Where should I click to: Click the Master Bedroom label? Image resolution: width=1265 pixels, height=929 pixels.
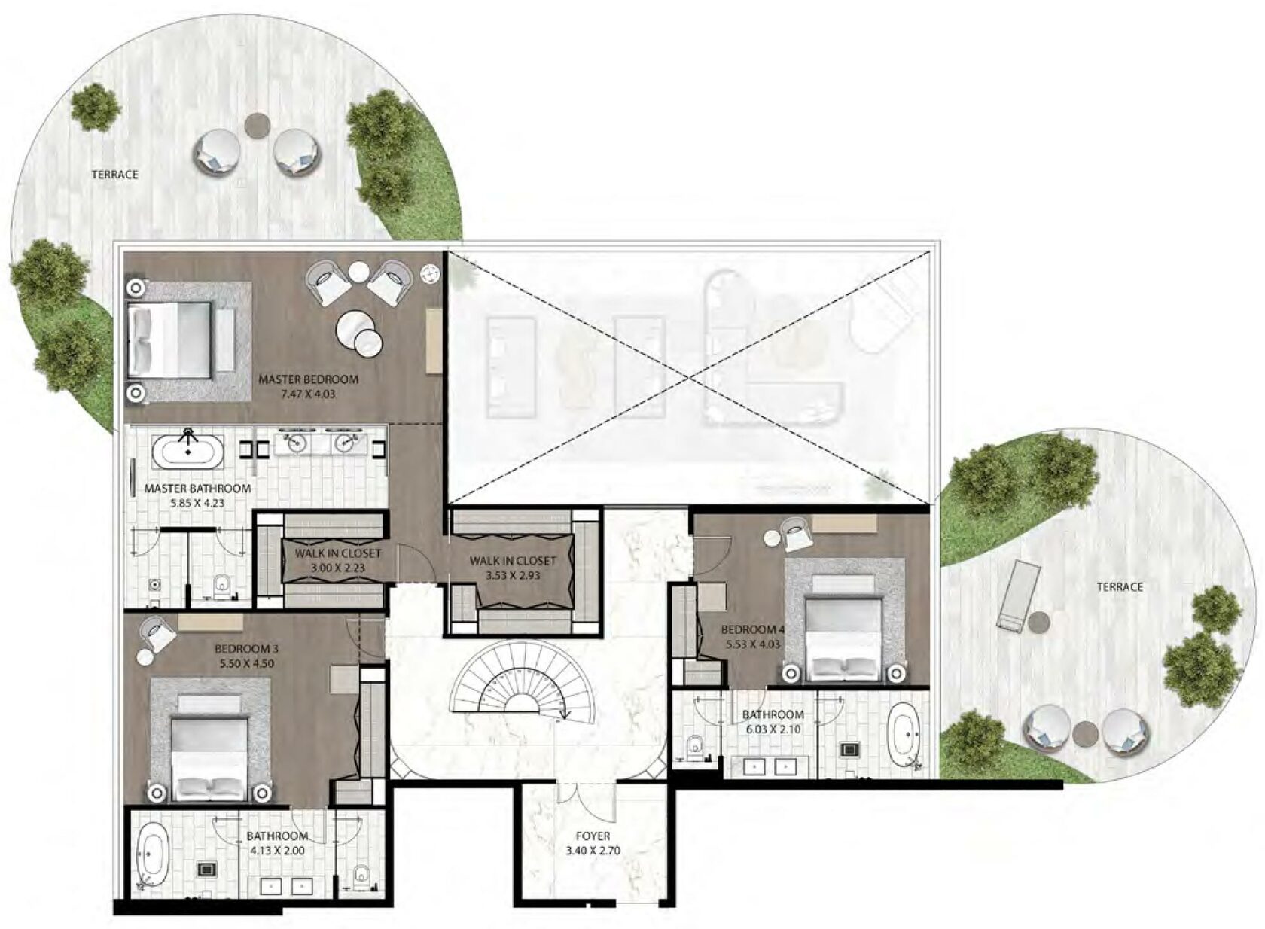point(309,379)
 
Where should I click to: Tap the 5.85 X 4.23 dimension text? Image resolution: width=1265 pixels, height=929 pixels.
point(197,502)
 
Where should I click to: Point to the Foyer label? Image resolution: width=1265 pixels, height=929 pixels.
point(593,836)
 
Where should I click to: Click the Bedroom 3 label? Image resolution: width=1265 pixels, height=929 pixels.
point(246,650)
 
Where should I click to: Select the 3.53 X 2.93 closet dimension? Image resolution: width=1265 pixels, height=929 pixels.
point(513,575)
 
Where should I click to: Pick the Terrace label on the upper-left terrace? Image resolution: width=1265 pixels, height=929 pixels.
point(114,175)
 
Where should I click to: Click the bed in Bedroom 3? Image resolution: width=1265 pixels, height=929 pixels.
point(210,749)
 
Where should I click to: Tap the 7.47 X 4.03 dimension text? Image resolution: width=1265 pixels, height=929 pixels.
point(309,394)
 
